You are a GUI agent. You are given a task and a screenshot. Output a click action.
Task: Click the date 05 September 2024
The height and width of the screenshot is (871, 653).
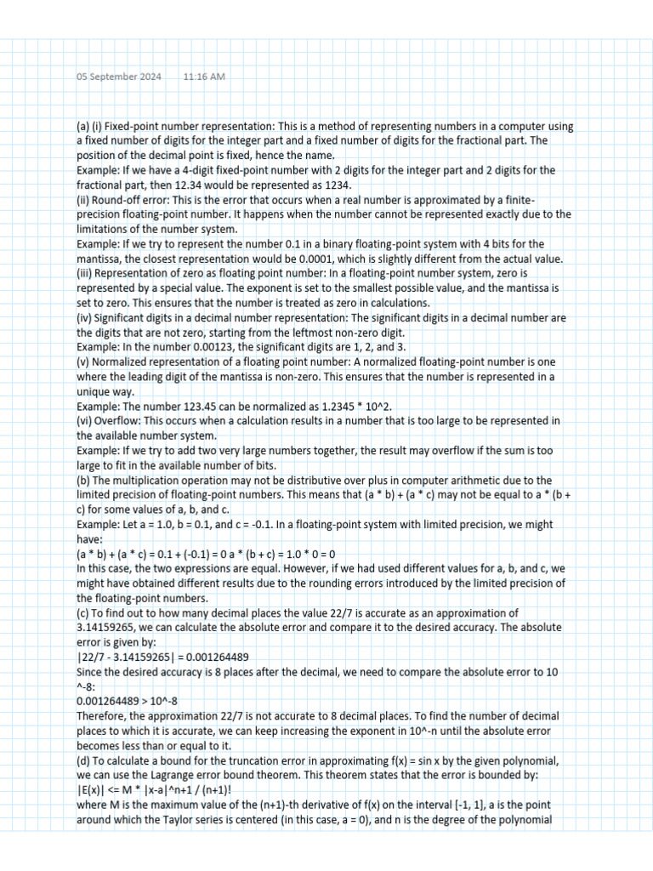coord(118,77)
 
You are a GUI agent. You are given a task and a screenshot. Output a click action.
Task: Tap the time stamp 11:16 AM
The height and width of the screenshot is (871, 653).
coord(204,77)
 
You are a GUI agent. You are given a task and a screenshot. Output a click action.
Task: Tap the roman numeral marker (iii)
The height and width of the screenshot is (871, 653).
coord(84,273)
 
